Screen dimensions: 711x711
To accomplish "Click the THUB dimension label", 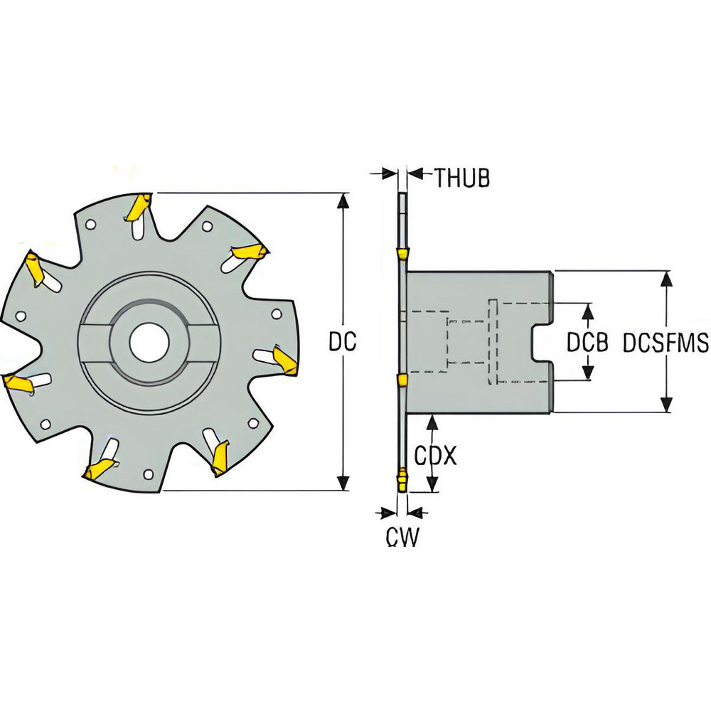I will [462, 178].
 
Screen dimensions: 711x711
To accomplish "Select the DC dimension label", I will [342, 342].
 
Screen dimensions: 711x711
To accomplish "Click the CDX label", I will [434, 456].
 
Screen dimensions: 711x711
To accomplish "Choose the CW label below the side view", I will [402, 537].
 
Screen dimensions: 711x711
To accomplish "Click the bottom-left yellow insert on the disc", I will [98, 469].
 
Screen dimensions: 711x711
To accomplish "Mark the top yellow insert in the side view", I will [402, 254].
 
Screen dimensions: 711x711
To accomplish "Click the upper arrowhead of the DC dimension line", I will [345, 200].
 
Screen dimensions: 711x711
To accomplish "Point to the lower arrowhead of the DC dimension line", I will [345, 483].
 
